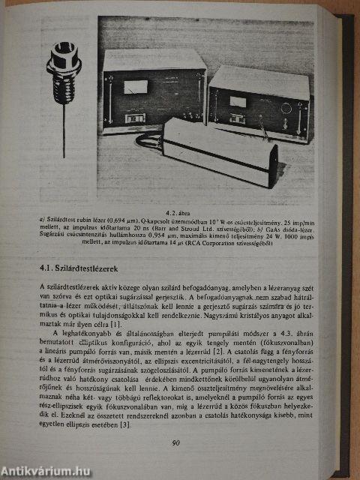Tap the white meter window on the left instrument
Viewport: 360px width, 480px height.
click(136, 87)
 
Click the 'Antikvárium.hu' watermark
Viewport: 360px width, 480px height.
click(46, 471)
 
